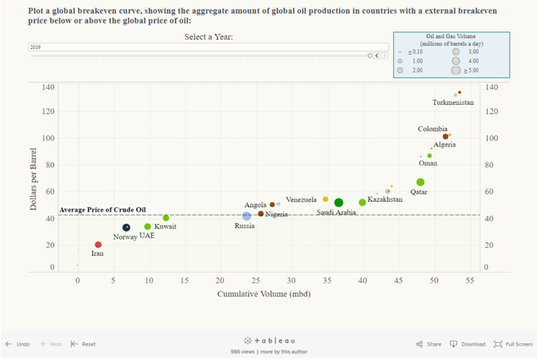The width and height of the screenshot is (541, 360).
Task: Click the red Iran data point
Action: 98,245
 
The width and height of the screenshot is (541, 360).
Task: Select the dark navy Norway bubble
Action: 127,227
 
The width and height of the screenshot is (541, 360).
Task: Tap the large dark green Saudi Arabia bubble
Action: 339,203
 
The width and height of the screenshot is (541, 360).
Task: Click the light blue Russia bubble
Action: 247,215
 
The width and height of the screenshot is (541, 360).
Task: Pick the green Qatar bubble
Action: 420,183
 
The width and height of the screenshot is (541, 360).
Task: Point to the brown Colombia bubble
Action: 445,136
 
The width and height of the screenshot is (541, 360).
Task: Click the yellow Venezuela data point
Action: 325,199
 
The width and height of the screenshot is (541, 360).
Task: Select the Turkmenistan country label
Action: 453,102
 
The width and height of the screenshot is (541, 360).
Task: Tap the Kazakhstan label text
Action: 385,199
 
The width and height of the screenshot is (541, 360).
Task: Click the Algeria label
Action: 445,145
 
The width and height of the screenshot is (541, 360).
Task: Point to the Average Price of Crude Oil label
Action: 102,210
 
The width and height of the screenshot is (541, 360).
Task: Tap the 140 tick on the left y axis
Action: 48,87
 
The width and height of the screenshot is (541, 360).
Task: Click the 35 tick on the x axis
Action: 326,281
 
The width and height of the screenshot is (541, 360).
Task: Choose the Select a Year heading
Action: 209,37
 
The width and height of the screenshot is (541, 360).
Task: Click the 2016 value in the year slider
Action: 36,47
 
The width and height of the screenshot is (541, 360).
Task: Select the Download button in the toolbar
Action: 467,344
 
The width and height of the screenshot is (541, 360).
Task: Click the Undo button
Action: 18,344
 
